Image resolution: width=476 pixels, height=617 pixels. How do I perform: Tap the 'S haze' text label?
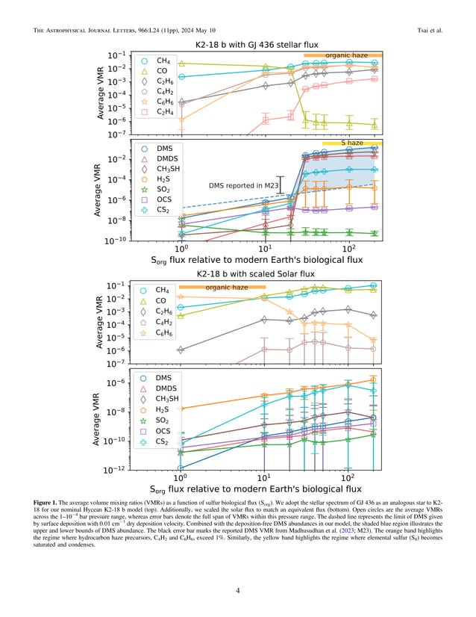coord(352,142)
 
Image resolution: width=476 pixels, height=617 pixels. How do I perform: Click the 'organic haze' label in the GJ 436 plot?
coord(342,55)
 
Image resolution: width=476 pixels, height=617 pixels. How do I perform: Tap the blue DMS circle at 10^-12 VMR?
coord(181,469)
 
